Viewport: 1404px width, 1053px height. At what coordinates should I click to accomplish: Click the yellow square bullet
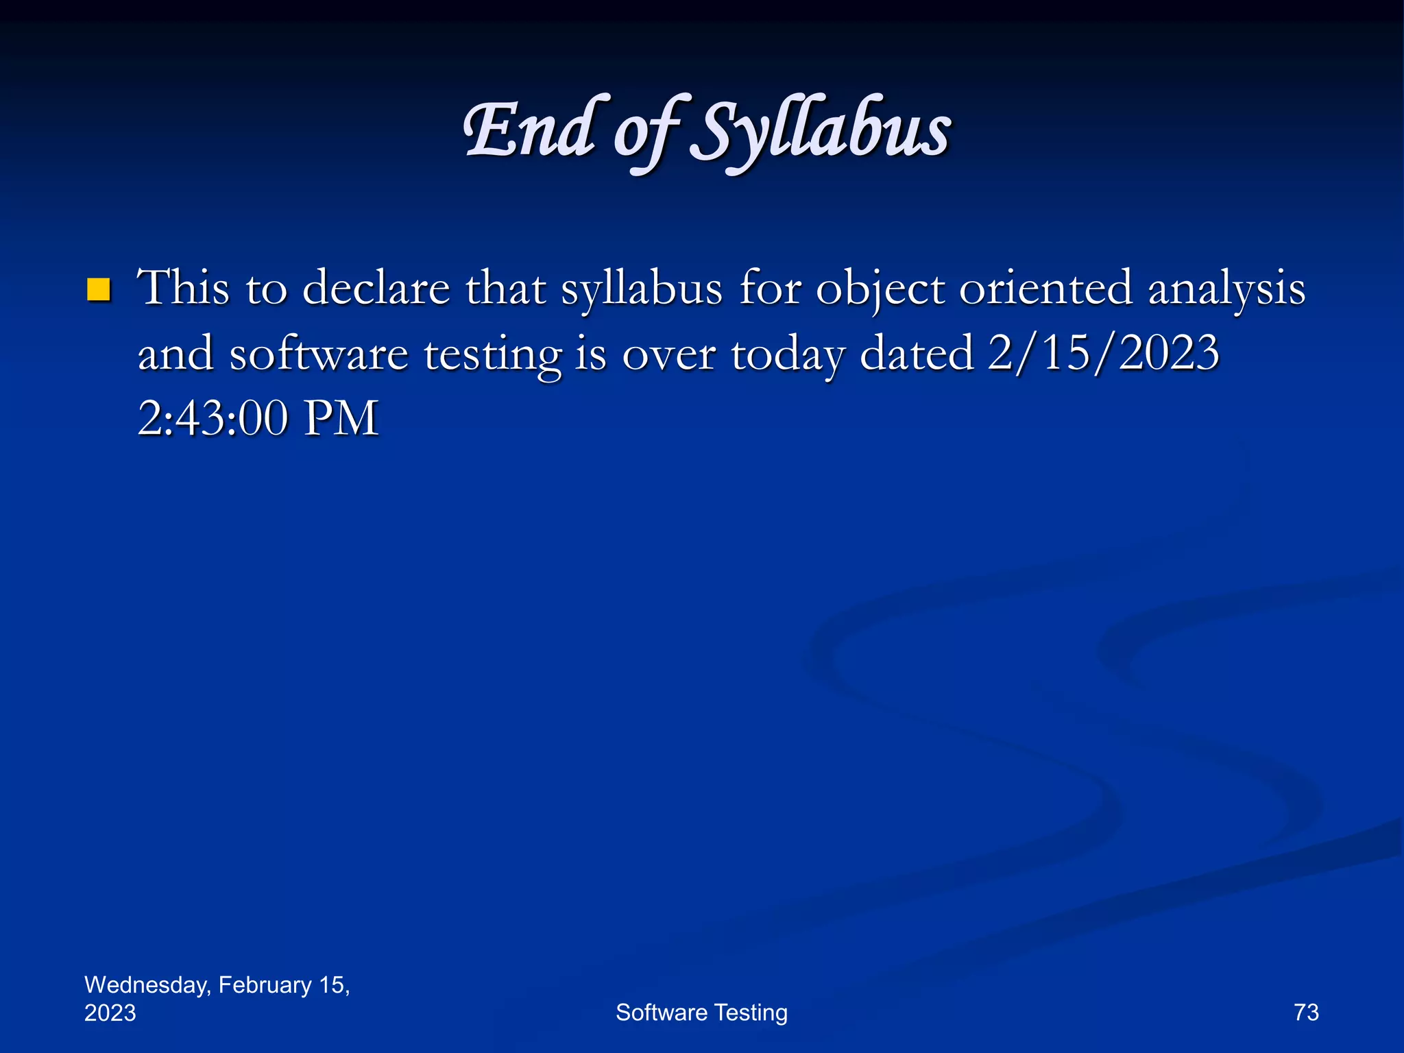[99, 290]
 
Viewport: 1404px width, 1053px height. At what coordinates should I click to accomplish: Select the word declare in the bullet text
[376, 288]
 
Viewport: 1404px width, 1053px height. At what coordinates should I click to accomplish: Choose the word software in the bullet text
[318, 354]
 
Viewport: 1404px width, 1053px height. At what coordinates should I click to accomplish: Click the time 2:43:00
[213, 418]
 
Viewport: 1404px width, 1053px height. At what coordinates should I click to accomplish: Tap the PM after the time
[341, 418]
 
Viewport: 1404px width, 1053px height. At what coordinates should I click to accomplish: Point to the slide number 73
[1306, 1013]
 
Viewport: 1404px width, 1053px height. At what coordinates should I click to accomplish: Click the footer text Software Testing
[701, 1013]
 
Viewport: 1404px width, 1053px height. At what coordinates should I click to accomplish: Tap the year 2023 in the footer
[110, 1013]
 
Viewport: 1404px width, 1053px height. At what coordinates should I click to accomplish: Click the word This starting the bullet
[183, 288]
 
